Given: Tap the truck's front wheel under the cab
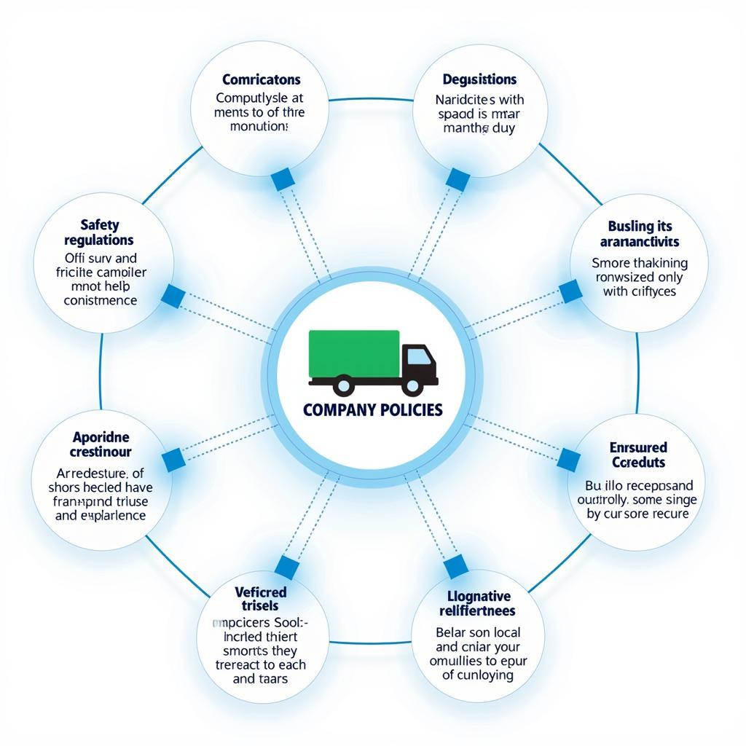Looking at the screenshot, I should tap(412, 385).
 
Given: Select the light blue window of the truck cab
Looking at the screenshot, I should tap(418, 356).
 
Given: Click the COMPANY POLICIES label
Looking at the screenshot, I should tap(372, 409).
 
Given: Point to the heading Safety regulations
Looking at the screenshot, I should tap(99, 232).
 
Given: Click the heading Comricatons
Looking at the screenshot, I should tap(262, 79).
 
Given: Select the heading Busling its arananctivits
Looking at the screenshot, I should tap(640, 234).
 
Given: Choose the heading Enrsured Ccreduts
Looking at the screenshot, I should tap(638, 455).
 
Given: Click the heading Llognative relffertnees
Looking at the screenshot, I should tap(478, 604).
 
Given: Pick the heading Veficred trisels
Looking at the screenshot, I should tap(261, 598).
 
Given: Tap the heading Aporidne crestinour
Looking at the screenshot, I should tap(101, 444).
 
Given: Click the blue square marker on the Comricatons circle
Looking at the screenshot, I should tap(282, 178).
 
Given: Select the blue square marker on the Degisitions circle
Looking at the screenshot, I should tap(458, 179).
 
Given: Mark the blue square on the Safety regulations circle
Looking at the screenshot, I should tap(173, 296).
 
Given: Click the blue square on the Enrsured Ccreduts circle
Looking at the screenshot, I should tap(569, 459).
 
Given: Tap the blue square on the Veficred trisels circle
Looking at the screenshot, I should tap(286, 568).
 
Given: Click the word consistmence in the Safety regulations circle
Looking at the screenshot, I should tap(100, 300).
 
